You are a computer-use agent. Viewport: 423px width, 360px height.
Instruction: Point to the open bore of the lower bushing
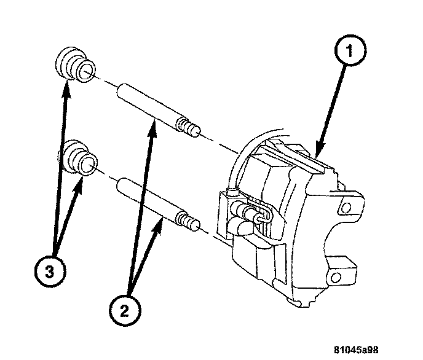(90, 165)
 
